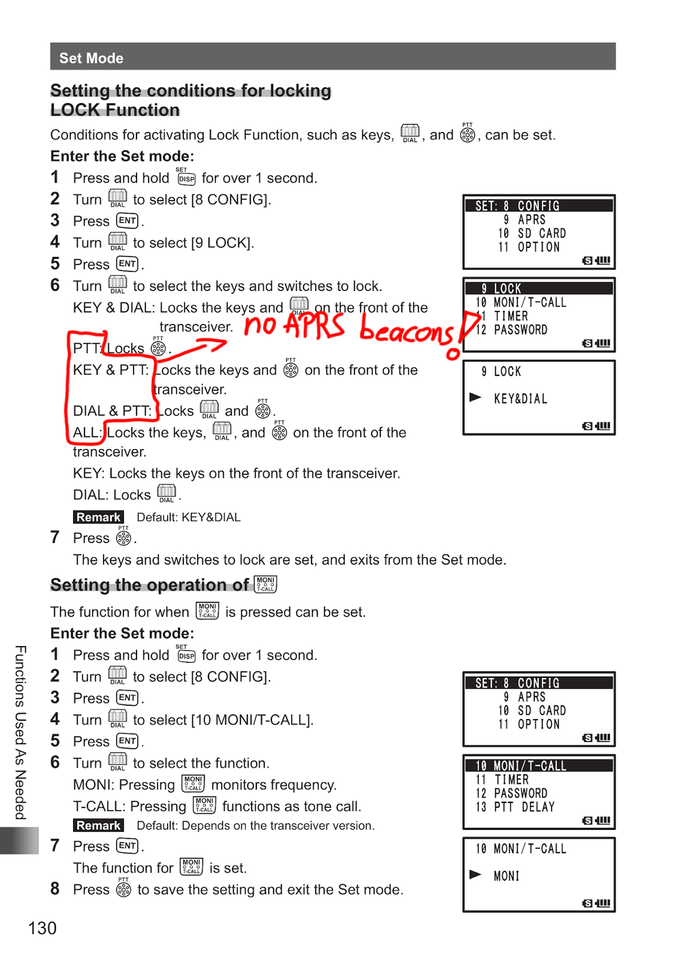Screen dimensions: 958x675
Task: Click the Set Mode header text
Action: [x=91, y=58]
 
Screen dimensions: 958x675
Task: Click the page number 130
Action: [x=42, y=928]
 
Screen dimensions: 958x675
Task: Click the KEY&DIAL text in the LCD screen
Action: [x=520, y=399]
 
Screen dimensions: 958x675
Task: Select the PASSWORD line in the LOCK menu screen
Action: [x=520, y=330]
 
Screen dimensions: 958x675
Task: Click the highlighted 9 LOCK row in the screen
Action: [x=539, y=289]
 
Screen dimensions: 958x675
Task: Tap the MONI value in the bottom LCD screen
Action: [x=506, y=876]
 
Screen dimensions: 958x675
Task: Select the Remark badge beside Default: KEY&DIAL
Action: [x=98, y=517]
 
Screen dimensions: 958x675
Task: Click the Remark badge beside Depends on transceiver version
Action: [x=98, y=826]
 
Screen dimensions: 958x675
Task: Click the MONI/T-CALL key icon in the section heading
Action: [x=265, y=584]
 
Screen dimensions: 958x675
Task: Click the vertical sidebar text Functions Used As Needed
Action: [x=21, y=732]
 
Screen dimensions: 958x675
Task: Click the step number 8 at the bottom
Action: [x=55, y=889]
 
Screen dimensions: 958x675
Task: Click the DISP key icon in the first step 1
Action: [x=186, y=178]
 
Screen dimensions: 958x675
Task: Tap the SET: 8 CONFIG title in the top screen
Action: [x=517, y=206]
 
